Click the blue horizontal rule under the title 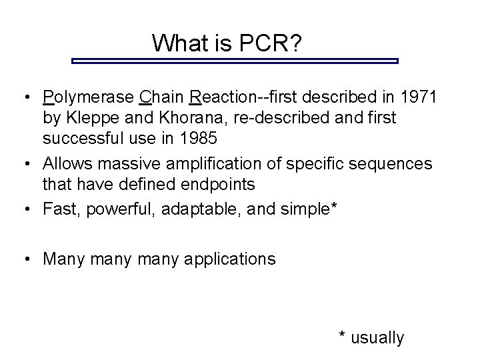(234, 61)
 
